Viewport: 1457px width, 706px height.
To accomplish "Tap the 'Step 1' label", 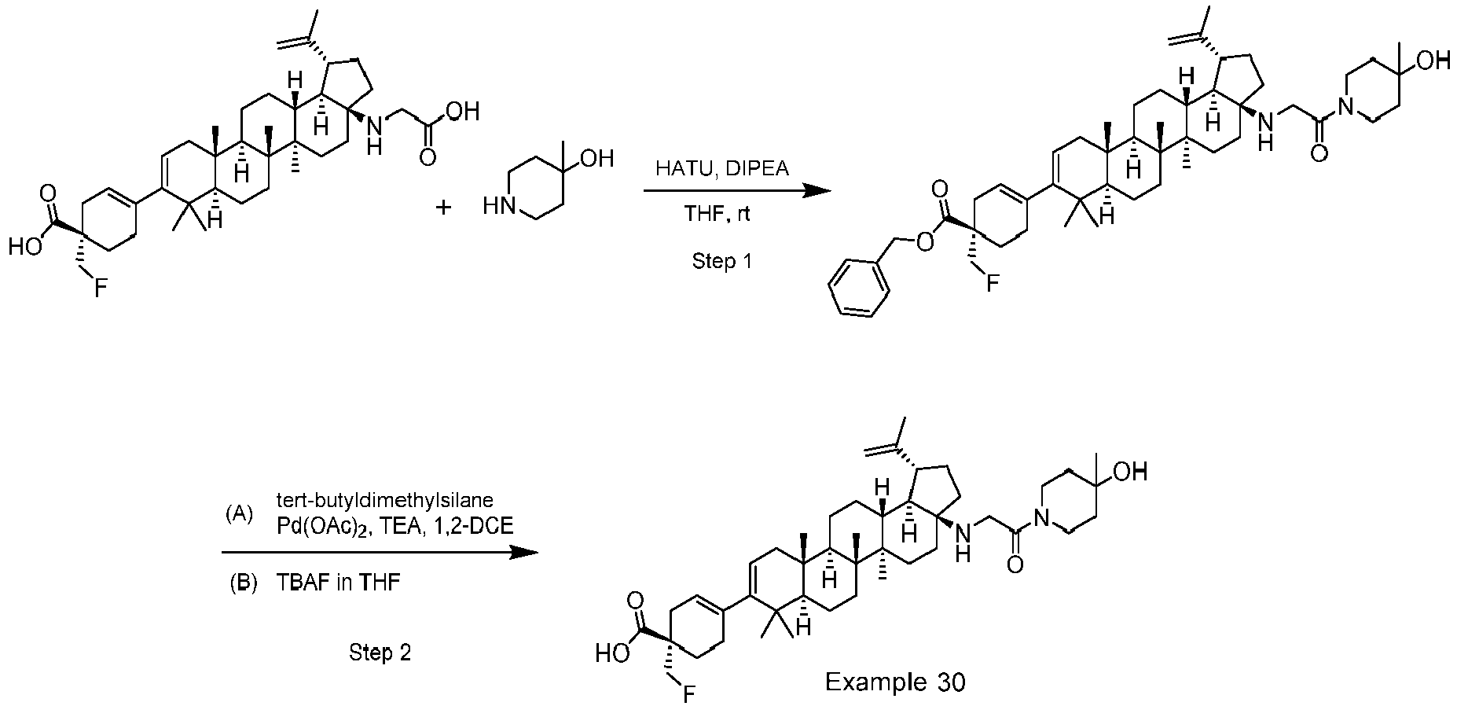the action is (721, 261).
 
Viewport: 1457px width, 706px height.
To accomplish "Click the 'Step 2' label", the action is (380, 653).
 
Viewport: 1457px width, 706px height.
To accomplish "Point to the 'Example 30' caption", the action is (894, 682).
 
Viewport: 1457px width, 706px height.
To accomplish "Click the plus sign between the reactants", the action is (444, 207).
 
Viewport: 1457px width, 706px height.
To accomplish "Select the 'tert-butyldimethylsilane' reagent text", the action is (385, 499).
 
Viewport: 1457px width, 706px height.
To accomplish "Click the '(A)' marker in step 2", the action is (240, 515).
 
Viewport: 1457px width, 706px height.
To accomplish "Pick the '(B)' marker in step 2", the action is (244, 583).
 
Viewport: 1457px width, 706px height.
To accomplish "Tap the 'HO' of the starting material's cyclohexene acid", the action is (23, 248).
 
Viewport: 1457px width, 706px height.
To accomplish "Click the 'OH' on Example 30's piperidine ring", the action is (1131, 472).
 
